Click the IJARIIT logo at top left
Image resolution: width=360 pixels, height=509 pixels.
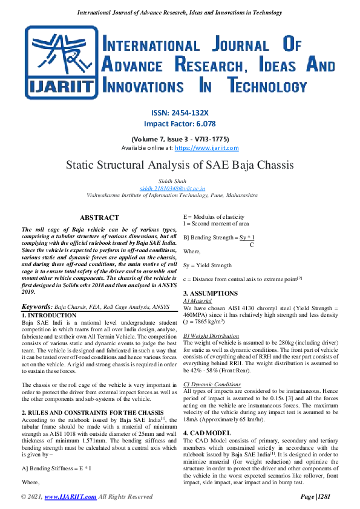[59, 63]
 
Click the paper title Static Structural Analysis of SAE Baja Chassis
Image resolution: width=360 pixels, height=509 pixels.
[180, 164]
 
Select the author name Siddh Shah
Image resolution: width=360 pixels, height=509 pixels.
[180, 180]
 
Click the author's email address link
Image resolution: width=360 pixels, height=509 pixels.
[180, 188]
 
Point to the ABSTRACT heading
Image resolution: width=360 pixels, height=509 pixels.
[99, 218]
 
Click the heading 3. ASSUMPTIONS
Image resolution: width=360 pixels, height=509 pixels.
[211, 293]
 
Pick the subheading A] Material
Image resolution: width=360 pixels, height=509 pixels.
[197, 300]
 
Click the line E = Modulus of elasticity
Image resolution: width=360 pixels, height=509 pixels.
[214, 217]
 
